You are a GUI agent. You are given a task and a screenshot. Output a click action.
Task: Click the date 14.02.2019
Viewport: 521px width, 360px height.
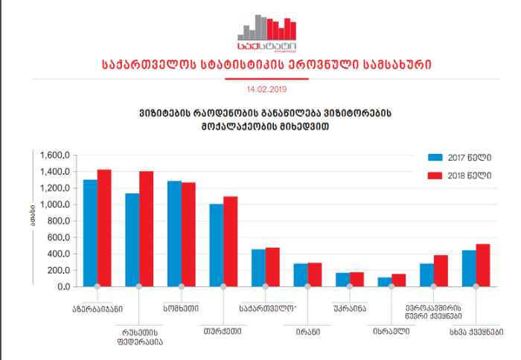pos(266,89)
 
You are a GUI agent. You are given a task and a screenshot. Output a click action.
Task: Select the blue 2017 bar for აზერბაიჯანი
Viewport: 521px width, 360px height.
pos(90,233)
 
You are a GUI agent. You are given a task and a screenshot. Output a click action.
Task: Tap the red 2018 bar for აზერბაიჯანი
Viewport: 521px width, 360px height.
pos(104,228)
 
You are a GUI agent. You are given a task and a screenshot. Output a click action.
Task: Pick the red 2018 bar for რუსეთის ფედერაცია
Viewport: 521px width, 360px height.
pos(146,228)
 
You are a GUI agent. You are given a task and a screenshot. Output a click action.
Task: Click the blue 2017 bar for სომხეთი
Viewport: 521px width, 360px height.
pos(174,234)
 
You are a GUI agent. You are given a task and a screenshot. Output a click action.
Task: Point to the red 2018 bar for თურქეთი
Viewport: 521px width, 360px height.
pos(231,241)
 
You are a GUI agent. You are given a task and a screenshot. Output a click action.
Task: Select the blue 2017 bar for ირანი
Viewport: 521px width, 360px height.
pos(301,274)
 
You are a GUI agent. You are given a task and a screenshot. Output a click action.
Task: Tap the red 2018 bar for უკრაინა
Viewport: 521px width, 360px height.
pos(357,279)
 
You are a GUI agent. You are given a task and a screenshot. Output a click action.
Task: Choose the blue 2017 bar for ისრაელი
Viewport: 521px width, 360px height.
pos(384,282)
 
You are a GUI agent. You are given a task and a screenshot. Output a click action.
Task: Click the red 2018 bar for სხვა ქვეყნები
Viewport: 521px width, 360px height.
pos(483,265)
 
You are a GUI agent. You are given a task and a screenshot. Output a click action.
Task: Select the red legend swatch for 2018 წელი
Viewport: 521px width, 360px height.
pos(435,176)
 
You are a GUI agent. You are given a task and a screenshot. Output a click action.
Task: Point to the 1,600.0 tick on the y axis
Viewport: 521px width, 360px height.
pos(56,155)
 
